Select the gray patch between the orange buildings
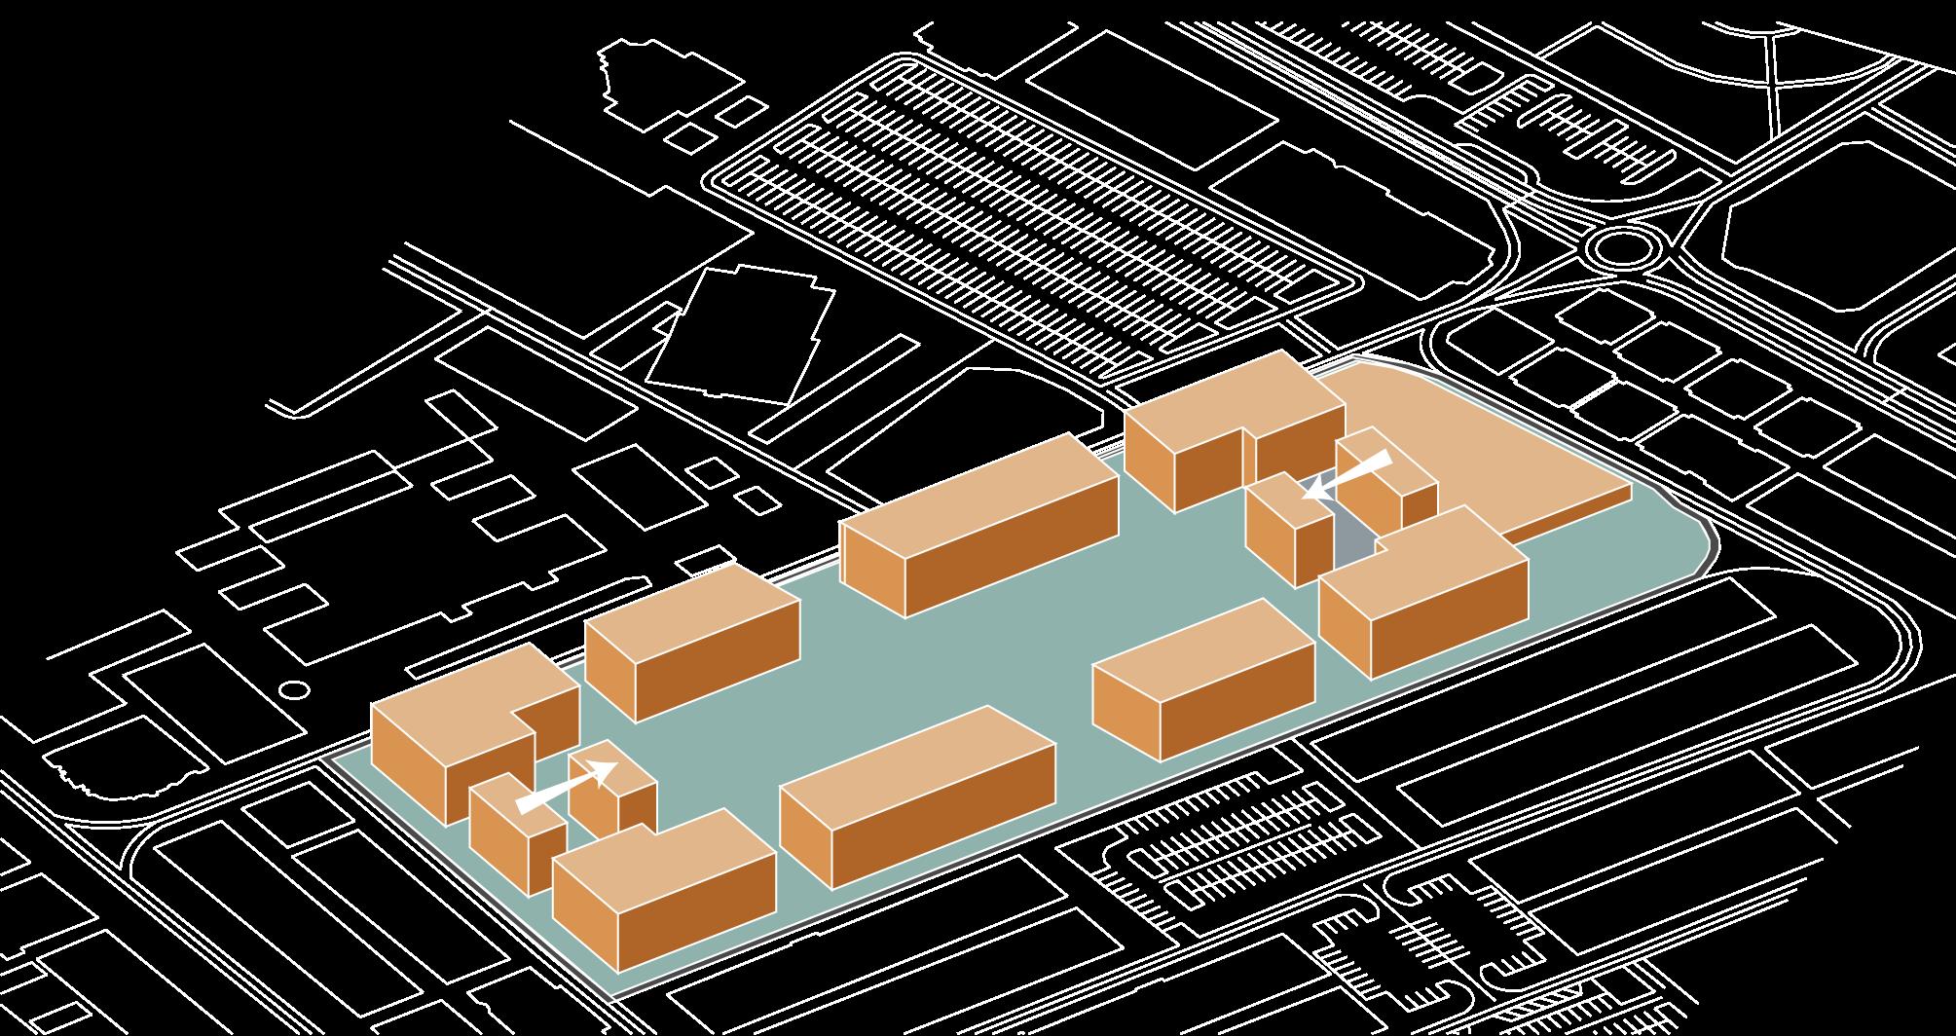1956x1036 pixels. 1354,536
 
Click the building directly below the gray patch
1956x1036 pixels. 1421,594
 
